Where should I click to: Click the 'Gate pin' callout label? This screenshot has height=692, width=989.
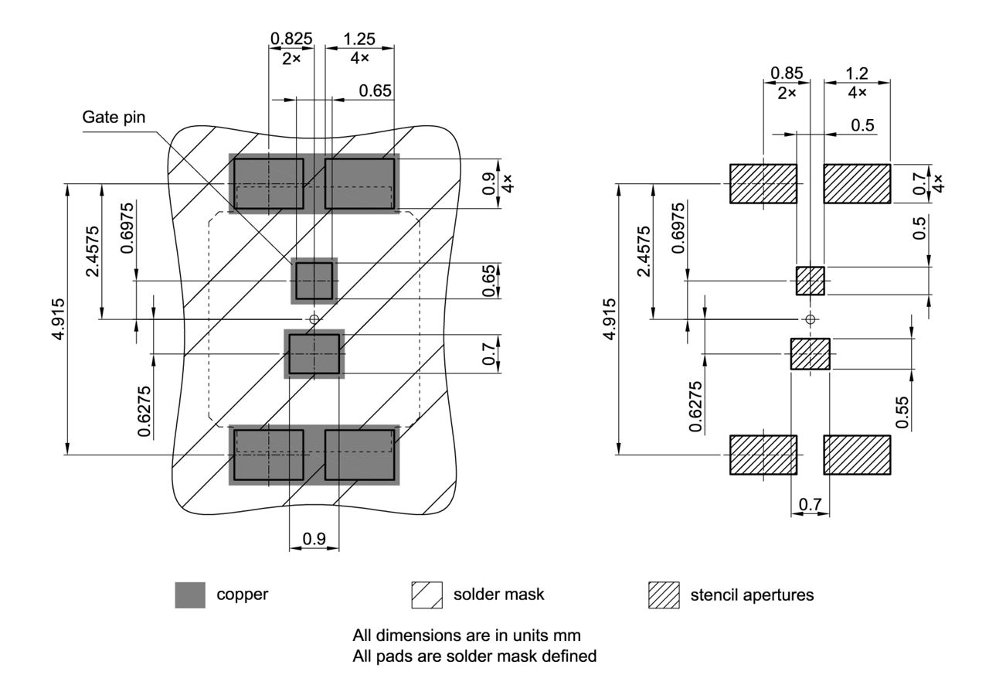(x=114, y=118)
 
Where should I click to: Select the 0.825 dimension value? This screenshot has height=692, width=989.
(x=291, y=38)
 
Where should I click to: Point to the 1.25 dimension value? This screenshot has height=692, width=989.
(x=359, y=38)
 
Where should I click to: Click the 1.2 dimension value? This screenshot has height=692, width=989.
(x=857, y=73)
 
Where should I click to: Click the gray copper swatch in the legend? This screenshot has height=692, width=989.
(x=190, y=595)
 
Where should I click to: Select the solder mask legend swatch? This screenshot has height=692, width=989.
(x=427, y=595)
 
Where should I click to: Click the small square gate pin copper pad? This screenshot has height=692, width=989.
(x=314, y=281)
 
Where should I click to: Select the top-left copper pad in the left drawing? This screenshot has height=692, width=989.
(x=269, y=183)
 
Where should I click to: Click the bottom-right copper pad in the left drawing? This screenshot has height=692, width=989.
(x=359, y=455)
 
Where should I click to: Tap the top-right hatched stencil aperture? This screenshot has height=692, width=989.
(x=857, y=183)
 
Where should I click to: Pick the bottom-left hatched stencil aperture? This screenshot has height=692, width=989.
(x=763, y=455)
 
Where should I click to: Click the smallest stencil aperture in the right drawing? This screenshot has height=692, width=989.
(x=811, y=281)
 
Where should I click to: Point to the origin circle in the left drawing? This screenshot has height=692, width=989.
(x=314, y=319)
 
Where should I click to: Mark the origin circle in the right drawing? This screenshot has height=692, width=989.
(x=810, y=319)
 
